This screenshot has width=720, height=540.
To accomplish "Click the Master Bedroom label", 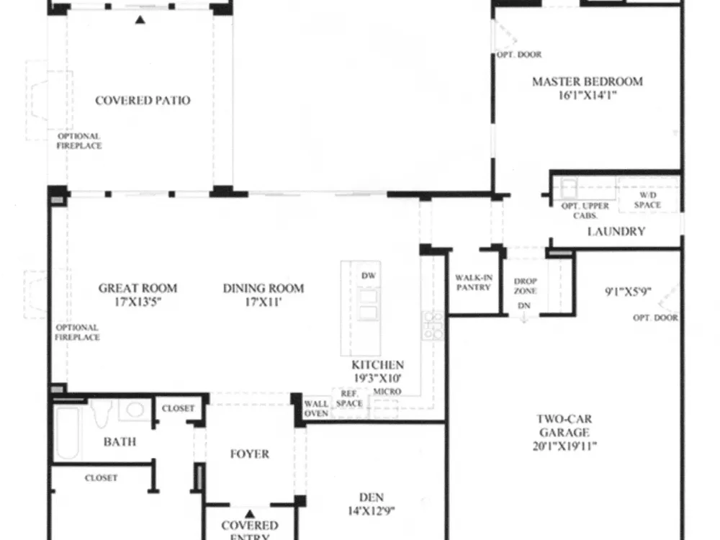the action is [x=588, y=82].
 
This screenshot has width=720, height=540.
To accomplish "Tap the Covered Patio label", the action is [x=143, y=101].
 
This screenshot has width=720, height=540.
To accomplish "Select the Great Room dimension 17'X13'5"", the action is [x=138, y=302].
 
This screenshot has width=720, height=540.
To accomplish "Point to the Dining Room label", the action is [x=263, y=289].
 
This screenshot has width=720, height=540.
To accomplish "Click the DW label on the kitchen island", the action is [x=368, y=276].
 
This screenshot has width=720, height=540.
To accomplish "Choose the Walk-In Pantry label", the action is [x=474, y=282].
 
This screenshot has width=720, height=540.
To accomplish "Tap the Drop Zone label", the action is [x=526, y=286].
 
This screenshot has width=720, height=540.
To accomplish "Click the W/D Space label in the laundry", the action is [x=647, y=200].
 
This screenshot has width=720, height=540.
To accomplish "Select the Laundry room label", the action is [x=616, y=231].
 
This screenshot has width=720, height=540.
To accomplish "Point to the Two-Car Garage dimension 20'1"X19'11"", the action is [x=564, y=446].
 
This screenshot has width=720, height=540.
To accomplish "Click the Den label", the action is [x=371, y=498].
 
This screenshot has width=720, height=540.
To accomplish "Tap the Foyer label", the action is [x=249, y=454].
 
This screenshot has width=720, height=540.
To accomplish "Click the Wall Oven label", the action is [x=316, y=408].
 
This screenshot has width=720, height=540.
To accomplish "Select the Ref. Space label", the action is [x=349, y=399].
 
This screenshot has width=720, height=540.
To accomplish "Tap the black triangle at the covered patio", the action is [x=140, y=19].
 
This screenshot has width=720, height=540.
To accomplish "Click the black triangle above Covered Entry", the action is [x=249, y=514].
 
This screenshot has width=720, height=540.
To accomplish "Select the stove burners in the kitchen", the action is [x=433, y=325].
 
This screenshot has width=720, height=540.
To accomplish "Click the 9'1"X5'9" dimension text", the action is [x=628, y=292].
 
